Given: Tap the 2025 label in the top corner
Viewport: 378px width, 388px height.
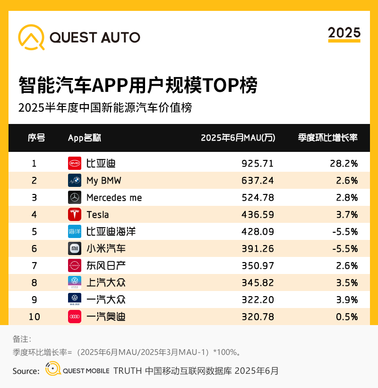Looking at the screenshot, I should pyautogui.click(x=344, y=33).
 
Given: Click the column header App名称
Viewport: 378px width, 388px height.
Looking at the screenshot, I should pyautogui.click(x=85, y=138).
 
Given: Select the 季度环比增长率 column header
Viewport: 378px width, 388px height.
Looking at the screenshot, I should pyautogui.click(x=327, y=138).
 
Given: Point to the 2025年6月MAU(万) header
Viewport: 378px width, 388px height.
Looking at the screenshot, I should pyautogui.click(x=238, y=138).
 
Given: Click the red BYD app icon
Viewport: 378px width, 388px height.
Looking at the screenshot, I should pyautogui.click(x=75, y=163).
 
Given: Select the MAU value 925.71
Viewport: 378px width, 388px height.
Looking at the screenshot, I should pyautogui.click(x=258, y=163).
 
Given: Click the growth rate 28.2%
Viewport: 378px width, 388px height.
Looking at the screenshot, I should pyautogui.click(x=344, y=163).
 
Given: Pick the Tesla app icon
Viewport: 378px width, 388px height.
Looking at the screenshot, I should pyautogui.click(x=75, y=214).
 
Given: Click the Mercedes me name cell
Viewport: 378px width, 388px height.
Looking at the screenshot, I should pyautogui.click(x=114, y=197).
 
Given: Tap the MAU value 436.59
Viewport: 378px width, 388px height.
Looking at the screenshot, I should pyautogui.click(x=258, y=214).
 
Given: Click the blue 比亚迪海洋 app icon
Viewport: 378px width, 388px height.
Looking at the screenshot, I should pyautogui.click(x=75, y=231).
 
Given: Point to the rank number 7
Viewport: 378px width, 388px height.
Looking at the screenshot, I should pyautogui.click(x=34, y=265).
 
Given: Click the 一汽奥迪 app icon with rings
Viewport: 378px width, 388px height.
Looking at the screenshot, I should pyautogui.click(x=75, y=317).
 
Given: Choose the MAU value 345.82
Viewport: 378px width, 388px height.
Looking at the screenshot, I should pyautogui.click(x=258, y=282).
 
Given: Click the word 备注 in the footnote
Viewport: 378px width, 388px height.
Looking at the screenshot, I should pyautogui.click(x=21, y=339).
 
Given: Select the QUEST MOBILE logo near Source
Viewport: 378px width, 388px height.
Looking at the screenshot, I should pyautogui.click(x=77, y=370).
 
